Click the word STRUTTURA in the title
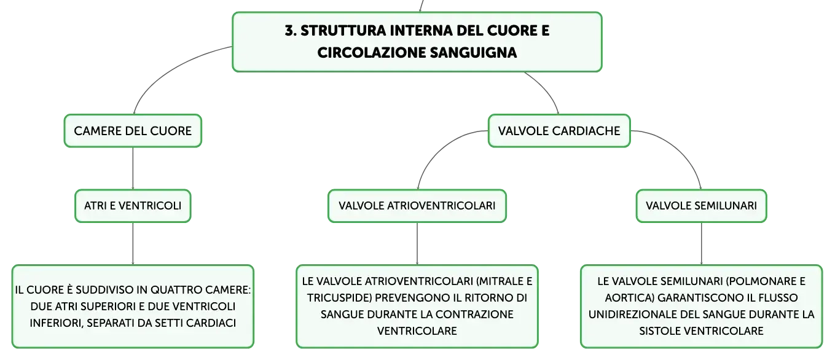(x=343, y=31)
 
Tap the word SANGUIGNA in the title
(x=473, y=53)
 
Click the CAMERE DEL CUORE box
(x=133, y=131)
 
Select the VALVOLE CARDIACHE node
(x=559, y=131)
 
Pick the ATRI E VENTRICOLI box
(x=133, y=206)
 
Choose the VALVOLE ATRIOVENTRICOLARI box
(x=417, y=206)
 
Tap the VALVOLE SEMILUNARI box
(x=701, y=206)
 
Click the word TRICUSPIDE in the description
(x=339, y=298)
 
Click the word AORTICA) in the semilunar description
(x=629, y=298)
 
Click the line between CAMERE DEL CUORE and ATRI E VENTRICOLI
(x=133, y=168)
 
